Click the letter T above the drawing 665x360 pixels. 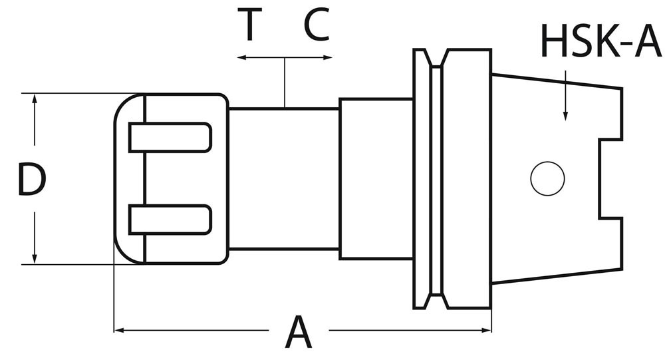tap(249, 25)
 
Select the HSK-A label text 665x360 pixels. tap(600, 42)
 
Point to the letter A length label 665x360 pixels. tap(298, 333)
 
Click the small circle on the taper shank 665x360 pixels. tap(547, 178)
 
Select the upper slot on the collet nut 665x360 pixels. tap(170, 137)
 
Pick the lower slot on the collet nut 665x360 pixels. tap(170, 220)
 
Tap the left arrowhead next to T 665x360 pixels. tap(241, 59)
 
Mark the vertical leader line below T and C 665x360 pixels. tap(285, 83)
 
